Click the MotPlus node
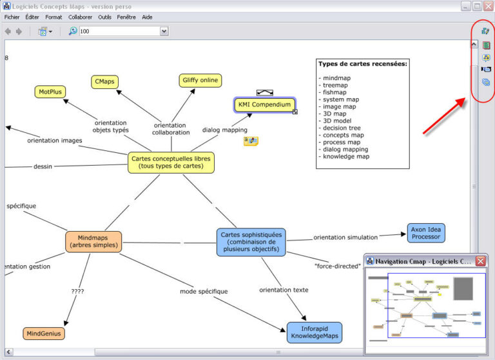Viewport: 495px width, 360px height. (x=50, y=92)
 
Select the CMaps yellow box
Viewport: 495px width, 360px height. (x=104, y=81)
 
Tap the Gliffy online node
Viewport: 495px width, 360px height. (x=200, y=81)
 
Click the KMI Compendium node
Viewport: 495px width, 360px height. (x=265, y=105)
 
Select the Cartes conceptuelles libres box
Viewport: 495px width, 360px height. (x=171, y=162)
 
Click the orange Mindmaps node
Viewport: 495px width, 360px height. (x=93, y=242)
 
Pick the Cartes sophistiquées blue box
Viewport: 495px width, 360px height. (x=251, y=242)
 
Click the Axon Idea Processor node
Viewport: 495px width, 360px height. (x=426, y=233)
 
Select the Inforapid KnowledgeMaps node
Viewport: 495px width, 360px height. (x=315, y=333)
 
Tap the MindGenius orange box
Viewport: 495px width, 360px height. (x=44, y=334)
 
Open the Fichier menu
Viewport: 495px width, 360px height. (x=12, y=17)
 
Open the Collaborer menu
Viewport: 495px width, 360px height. (x=81, y=17)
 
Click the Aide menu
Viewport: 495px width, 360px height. (x=147, y=17)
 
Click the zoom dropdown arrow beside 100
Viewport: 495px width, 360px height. (x=164, y=31)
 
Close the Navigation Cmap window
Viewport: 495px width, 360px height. (x=481, y=261)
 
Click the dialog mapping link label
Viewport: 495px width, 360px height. (x=225, y=130)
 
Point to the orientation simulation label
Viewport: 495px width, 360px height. (x=345, y=237)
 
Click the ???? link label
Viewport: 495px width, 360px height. (x=77, y=291)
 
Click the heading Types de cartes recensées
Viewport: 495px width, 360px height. (x=362, y=64)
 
